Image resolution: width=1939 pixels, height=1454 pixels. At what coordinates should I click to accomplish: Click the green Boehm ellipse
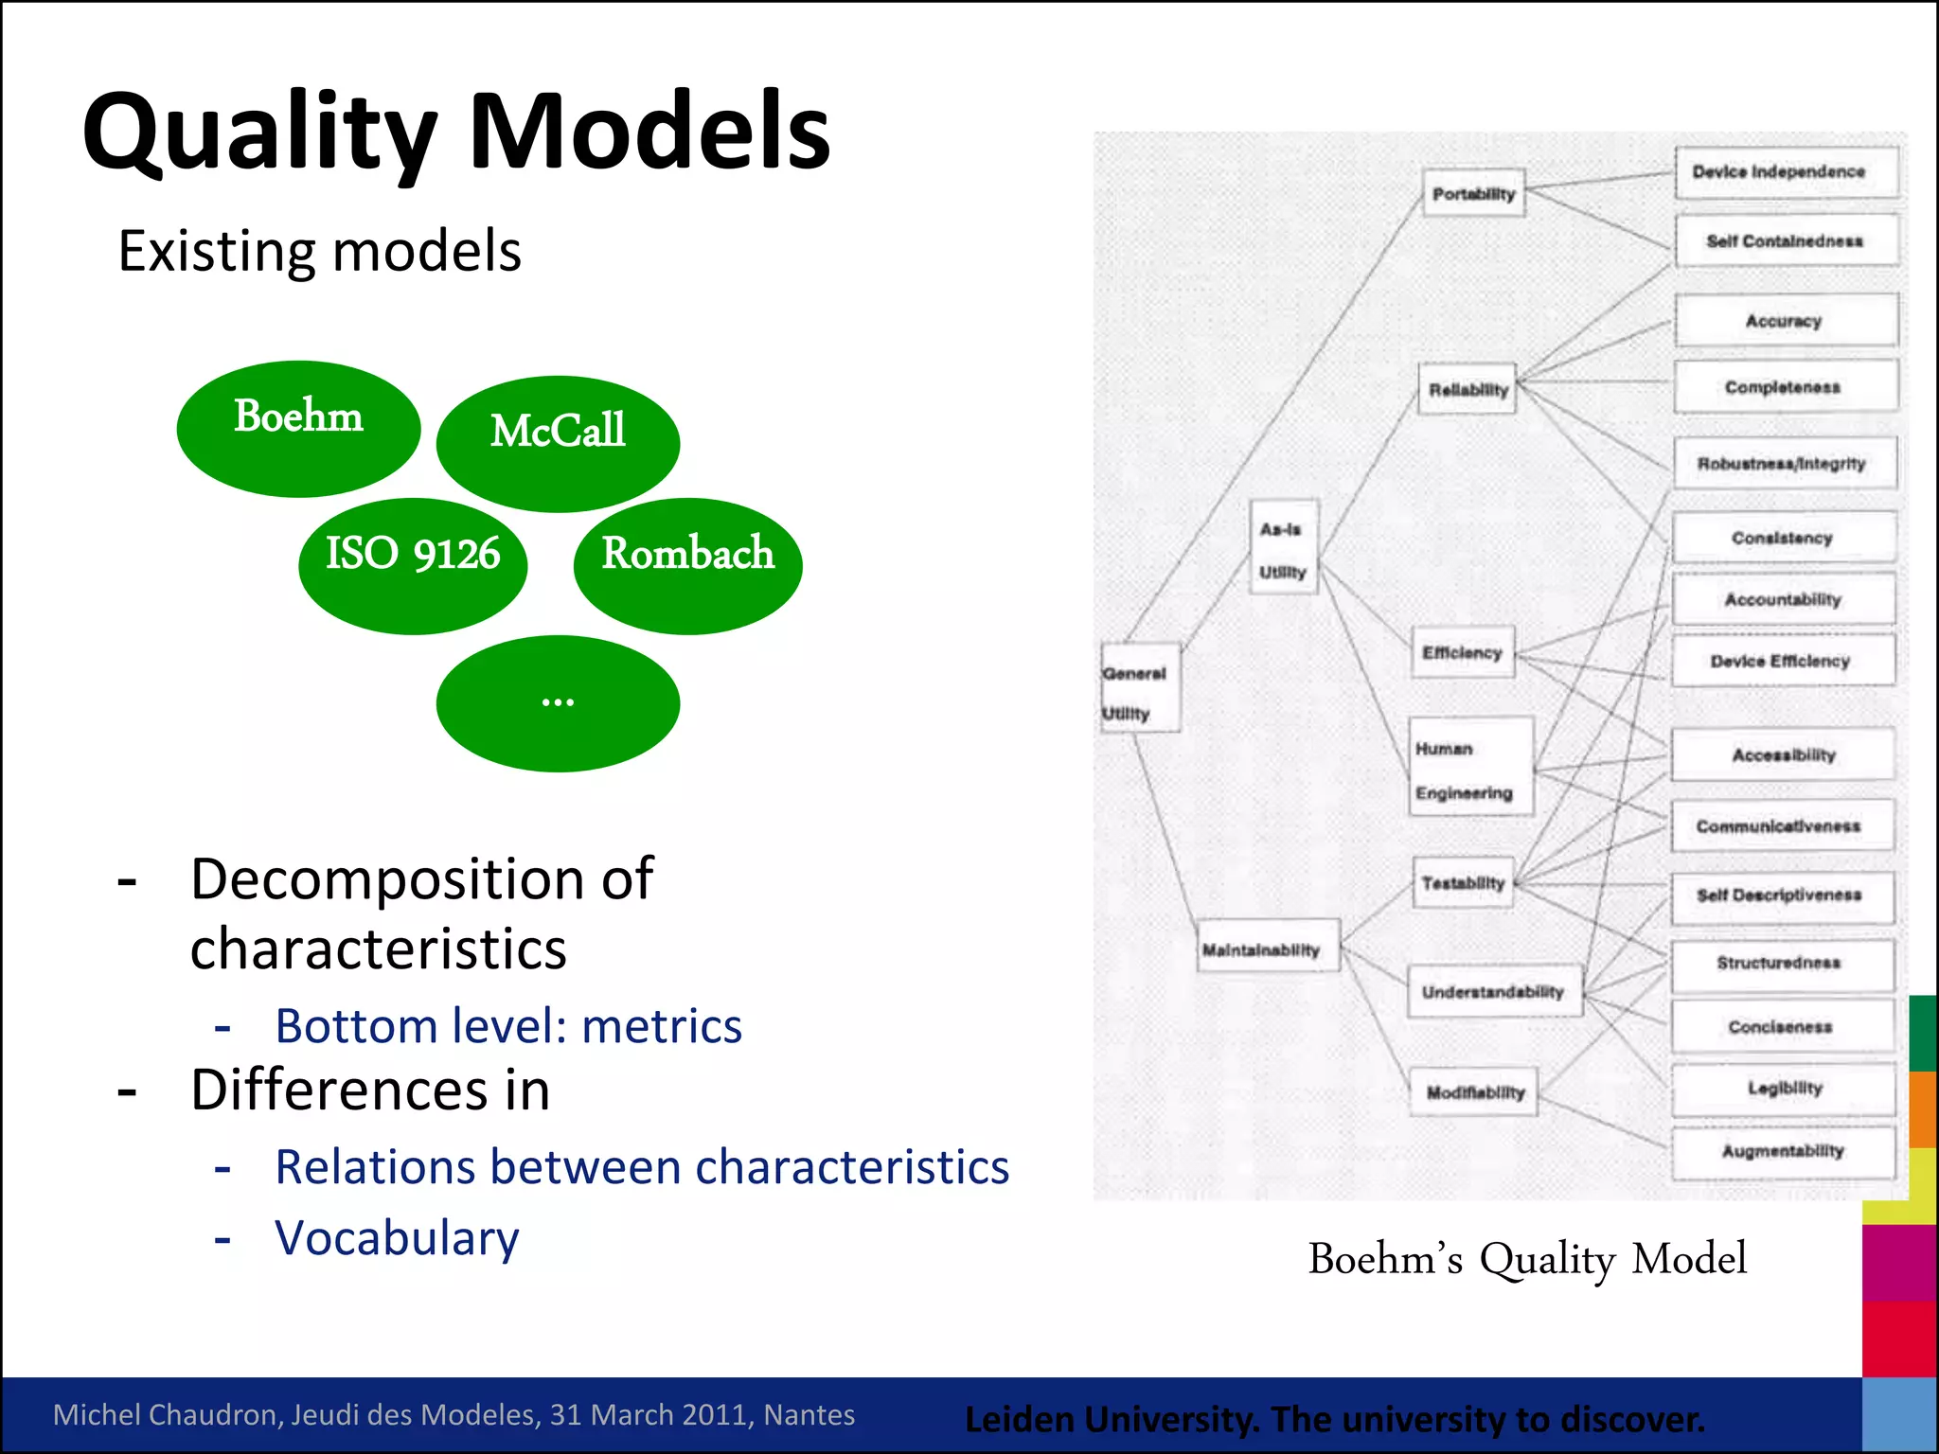(298, 428)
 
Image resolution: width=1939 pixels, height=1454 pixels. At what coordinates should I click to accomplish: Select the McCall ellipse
(558, 443)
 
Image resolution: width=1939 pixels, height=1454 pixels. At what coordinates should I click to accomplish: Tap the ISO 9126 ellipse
(413, 565)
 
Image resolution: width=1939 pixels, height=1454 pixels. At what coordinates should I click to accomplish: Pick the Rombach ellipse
(687, 565)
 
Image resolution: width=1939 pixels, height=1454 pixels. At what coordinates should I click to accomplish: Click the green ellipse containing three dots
(558, 703)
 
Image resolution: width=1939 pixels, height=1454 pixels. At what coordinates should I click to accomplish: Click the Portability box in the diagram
(1473, 193)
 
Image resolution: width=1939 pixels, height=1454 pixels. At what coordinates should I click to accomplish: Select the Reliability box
(1468, 389)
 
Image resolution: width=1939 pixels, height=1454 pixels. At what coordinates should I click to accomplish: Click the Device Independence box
(1786, 171)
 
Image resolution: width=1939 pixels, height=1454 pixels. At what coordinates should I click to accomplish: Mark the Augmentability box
(1783, 1151)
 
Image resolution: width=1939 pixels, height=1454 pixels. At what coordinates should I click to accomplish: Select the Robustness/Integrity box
(1784, 463)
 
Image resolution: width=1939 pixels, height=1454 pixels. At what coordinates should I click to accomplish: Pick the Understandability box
(1494, 991)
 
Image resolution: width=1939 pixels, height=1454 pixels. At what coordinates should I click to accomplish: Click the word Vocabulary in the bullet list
(397, 1238)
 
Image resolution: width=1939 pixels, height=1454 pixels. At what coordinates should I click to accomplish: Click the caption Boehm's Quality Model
(1526, 1259)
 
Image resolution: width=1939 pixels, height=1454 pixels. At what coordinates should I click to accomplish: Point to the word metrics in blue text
(662, 1026)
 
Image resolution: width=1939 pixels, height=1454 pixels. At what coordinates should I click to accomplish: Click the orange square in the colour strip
(1923, 1108)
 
